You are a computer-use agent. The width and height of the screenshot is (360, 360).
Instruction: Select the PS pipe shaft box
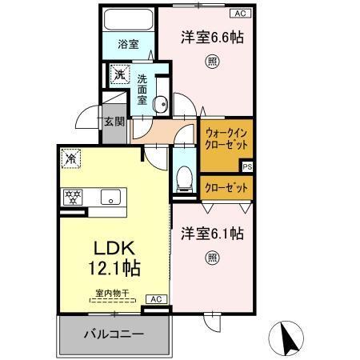click(246, 167)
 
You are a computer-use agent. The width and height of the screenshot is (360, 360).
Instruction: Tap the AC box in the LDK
click(156, 299)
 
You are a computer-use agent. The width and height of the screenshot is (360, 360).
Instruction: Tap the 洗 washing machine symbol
click(119, 76)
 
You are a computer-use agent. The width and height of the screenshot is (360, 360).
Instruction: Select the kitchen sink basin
click(109, 196)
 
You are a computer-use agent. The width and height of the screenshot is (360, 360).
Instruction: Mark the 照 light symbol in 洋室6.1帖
click(211, 258)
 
